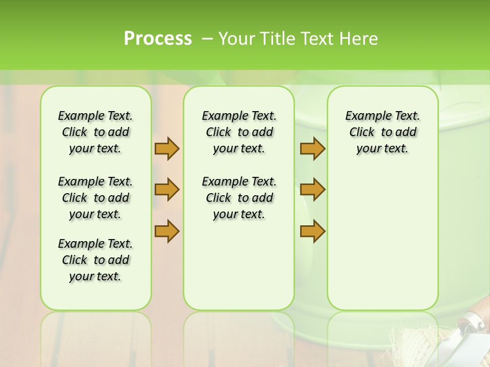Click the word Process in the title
click(x=158, y=39)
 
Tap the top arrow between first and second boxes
click(x=167, y=148)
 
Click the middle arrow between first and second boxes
click(x=167, y=190)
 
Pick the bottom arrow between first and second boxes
click(x=167, y=231)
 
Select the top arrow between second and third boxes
click(x=312, y=148)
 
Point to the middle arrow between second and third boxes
click(x=312, y=190)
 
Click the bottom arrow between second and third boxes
click(x=312, y=231)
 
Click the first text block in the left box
click(x=95, y=132)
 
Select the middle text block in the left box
click(x=95, y=198)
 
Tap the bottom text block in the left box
click(x=95, y=260)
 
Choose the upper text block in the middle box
click(x=239, y=132)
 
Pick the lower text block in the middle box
click(x=239, y=198)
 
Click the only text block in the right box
click(x=382, y=132)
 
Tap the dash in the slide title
click(x=207, y=39)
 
